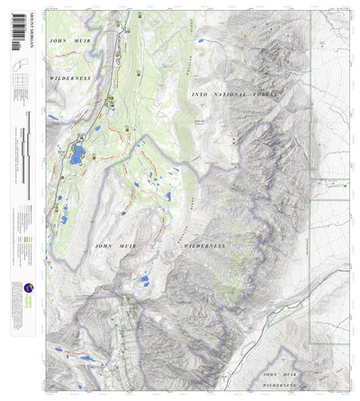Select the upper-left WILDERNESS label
coord(73,78)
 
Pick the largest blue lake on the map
coord(77,154)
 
